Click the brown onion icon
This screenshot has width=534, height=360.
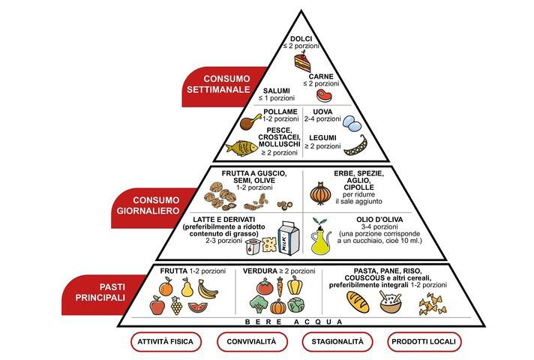[320, 194]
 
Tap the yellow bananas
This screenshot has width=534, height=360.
[208, 288]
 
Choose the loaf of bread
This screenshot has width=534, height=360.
[358, 302]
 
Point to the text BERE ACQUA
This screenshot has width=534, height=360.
[294, 322]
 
